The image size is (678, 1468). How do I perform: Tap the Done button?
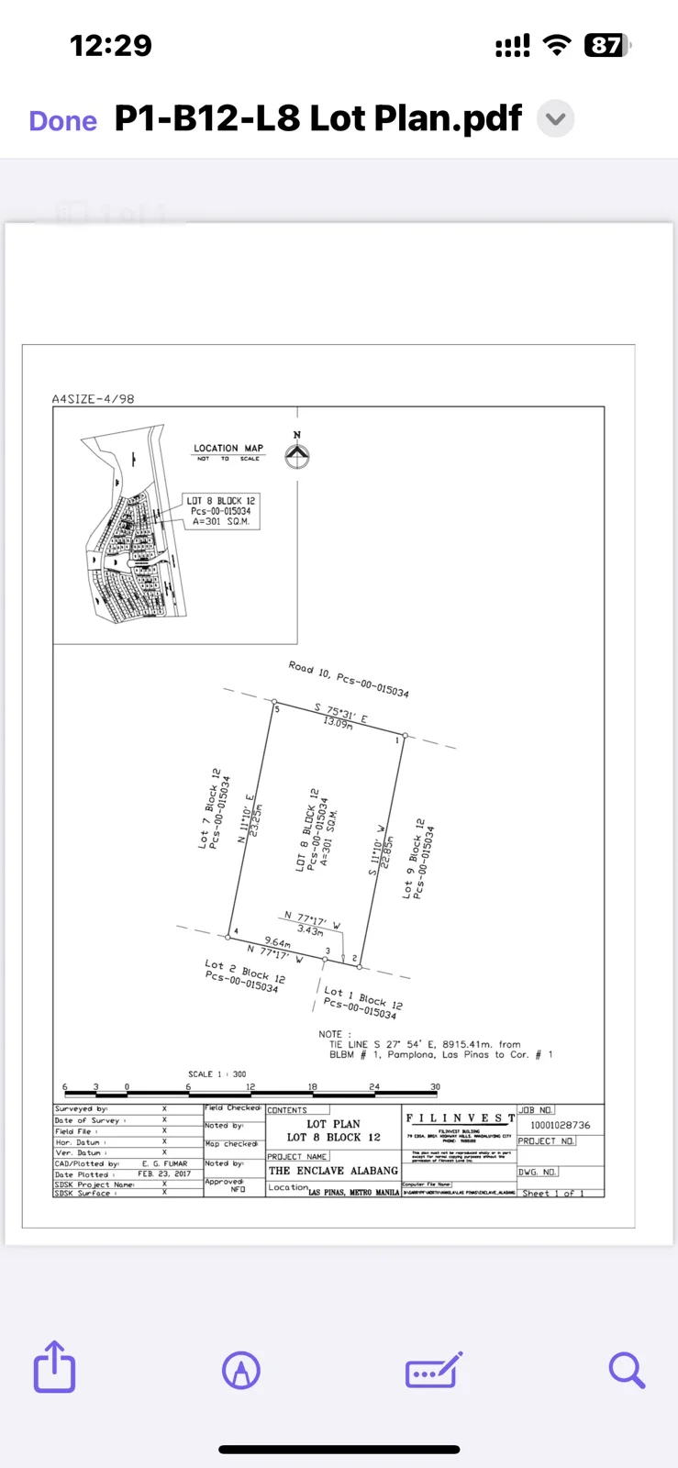click(63, 121)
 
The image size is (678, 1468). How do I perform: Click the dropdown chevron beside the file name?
click(555, 119)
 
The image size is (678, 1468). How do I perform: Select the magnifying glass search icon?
click(627, 1370)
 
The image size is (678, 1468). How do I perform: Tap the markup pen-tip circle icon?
click(241, 1371)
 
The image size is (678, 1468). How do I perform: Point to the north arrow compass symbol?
click(296, 455)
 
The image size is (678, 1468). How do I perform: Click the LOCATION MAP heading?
click(228, 449)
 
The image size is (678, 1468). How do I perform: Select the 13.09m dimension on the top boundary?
click(338, 723)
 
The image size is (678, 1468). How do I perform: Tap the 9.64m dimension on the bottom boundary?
click(277, 942)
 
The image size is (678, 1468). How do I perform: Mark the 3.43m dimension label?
click(310, 930)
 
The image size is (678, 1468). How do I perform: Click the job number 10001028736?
click(561, 1125)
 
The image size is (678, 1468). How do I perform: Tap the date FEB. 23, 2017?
click(164, 1173)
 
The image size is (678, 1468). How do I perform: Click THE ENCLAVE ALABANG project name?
click(333, 1171)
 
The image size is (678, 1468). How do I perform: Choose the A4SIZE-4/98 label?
click(94, 399)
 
